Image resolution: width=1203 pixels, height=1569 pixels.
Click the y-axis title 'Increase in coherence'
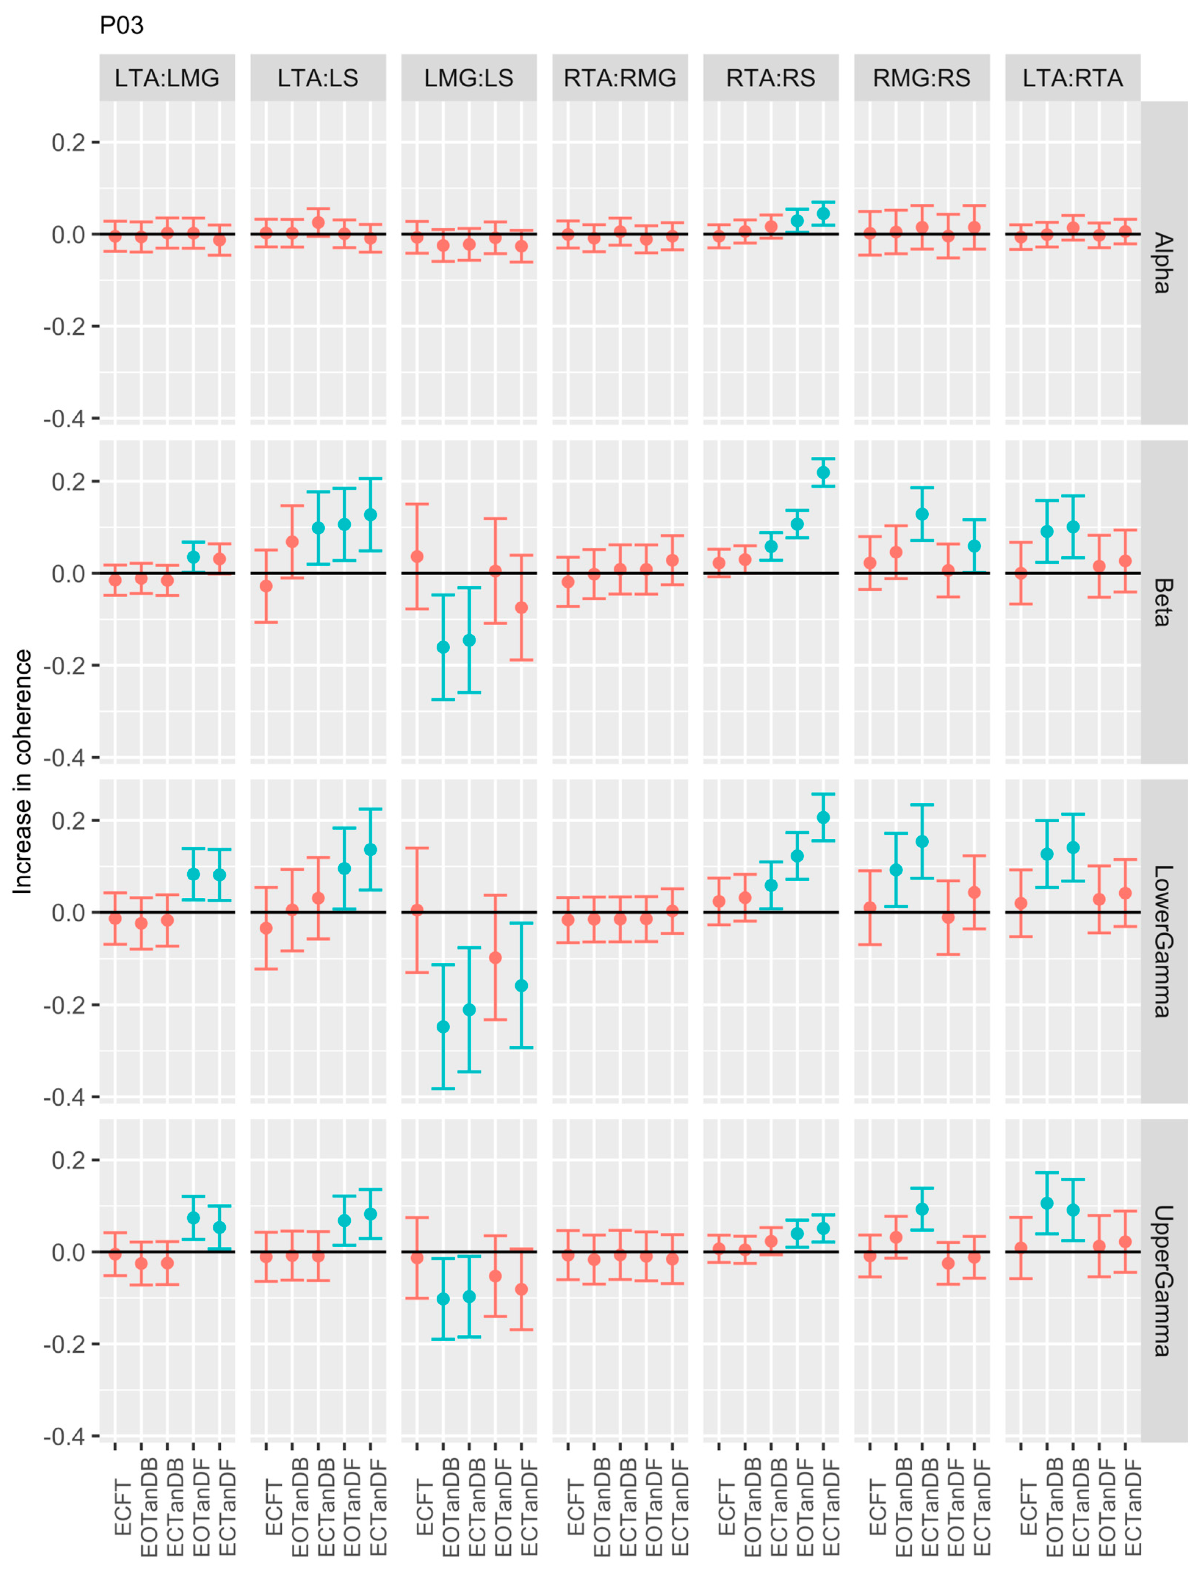point(23,772)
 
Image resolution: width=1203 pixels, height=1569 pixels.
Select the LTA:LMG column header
point(167,77)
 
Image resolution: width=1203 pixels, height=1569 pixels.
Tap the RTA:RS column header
point(770,77)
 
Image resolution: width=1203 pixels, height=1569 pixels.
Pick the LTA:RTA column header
point(1072,77)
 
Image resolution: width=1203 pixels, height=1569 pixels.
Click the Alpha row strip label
point(1162,263)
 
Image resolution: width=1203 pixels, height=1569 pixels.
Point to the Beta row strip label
point(1162,602)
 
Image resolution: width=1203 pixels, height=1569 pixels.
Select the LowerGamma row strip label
point(1162,941)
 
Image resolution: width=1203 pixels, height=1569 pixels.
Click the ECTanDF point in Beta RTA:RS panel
point(823,472)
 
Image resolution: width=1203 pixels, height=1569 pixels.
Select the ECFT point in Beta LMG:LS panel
point(417,556)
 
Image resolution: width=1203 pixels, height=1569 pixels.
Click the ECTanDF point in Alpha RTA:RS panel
point(823,213)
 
